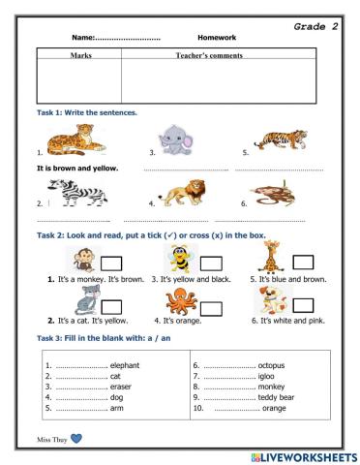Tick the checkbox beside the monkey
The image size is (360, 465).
coord(111,263)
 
